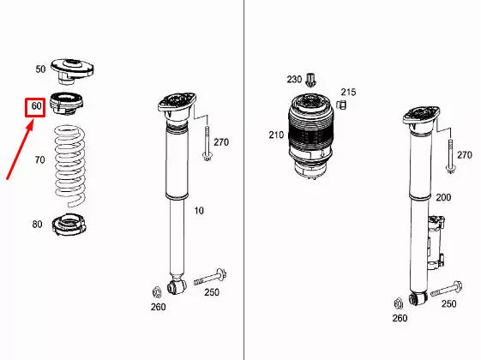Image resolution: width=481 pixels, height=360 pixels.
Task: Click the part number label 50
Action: [x=40, y=69]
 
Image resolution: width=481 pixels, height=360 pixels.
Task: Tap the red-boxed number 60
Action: [x=36, y=106]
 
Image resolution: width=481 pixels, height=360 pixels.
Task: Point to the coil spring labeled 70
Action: [x=70, y=165]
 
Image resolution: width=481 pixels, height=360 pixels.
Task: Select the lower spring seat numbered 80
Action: [x=69, y=225]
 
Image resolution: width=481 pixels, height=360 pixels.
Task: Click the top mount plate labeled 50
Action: [x=72, y=71]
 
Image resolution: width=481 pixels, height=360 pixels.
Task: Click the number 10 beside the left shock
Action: [x=199, y=211]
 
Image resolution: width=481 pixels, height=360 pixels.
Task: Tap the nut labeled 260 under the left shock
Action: [x=157, y=292]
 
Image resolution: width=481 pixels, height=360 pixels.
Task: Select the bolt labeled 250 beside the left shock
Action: [x=210, y=277]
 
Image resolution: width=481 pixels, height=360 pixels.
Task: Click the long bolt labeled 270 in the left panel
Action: [x=207, y=143]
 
